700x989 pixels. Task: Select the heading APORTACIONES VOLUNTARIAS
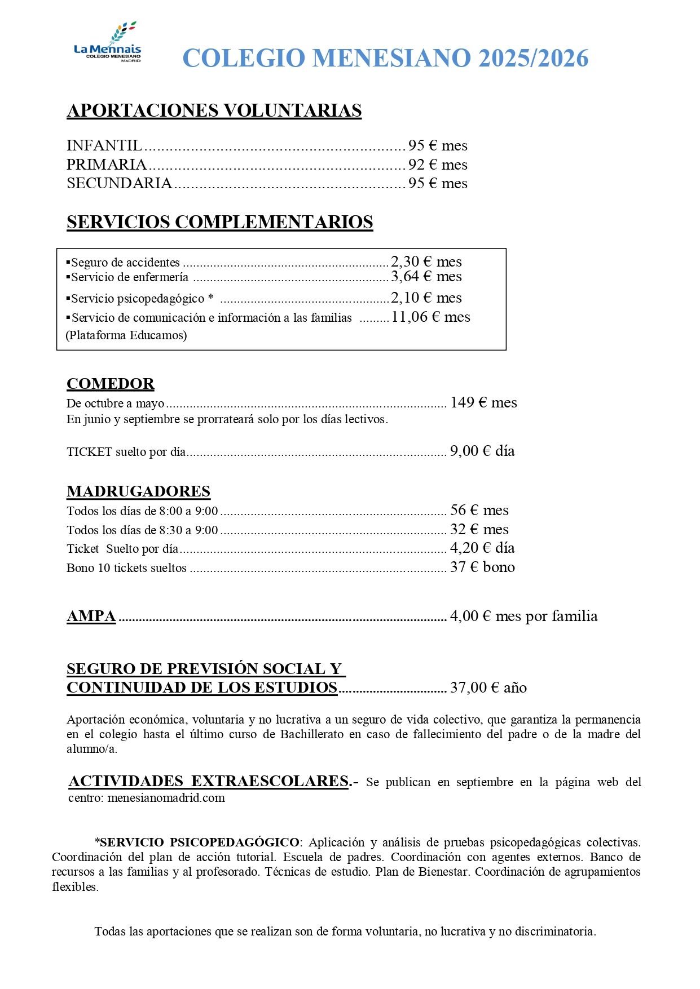214,110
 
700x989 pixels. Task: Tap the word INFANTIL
104,146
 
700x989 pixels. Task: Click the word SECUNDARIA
119,183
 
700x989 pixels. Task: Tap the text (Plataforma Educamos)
126,335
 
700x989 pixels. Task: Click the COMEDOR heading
111,384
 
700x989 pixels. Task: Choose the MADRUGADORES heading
138,491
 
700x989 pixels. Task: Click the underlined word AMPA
91,616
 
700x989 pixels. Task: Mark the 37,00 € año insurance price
488,688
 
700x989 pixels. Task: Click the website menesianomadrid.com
166,798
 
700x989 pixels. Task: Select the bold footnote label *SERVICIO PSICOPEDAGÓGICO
197,842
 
